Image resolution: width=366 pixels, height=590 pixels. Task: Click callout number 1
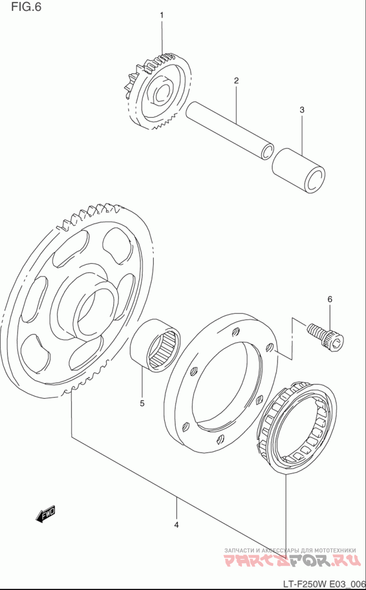161,16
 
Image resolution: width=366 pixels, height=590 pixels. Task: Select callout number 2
236,81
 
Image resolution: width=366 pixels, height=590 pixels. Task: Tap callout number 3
302,110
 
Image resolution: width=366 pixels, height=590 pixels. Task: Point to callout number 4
176,525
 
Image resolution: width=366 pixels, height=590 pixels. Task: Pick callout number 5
142,403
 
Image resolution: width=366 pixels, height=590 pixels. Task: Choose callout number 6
329,299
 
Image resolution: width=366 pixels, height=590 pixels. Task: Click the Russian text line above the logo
290,550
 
